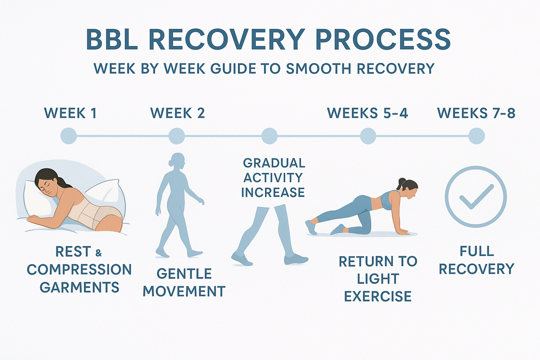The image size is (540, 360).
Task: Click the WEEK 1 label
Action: click(x=70, y=113)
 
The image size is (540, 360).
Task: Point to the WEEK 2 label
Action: click(x=178, y=113)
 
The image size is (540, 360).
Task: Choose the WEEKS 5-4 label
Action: click(x=368, y=113)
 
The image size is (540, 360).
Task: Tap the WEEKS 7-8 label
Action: click(x=476, y=113)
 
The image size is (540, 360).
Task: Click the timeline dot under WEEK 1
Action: click(x=68, y=136)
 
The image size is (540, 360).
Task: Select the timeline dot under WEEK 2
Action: click(x=176, y=136)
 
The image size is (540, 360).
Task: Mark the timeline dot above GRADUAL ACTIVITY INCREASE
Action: click(x=269, y=136)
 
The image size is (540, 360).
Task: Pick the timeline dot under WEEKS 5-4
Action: click(x=368, y=136)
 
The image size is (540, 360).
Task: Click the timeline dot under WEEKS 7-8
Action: click(x=476, y=136)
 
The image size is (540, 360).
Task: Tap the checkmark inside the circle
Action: click(x=475, y=197)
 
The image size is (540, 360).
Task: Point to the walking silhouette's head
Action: click(x=177, y=161)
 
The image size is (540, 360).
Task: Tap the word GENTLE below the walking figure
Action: click(x=184, y=273)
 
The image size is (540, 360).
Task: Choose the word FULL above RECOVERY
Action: click(x=476, y=251)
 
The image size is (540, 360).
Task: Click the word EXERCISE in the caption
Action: click(x=378, y=296)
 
